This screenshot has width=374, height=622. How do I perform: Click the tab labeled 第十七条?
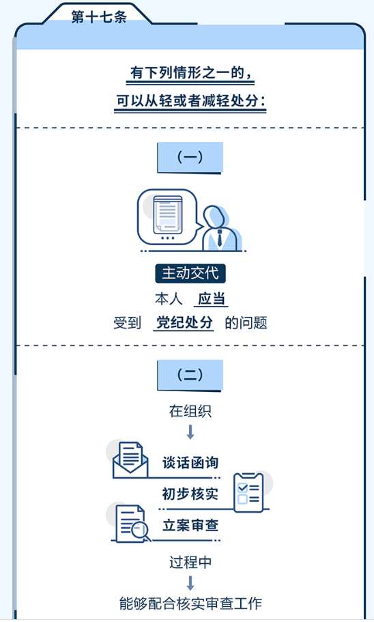pyautogui.click(x=98, y=16)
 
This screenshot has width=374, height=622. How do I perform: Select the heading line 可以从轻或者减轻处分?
pyautogui.click(x=190, y=101)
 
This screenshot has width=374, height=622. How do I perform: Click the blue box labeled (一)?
pyautogui.click(x=190, y=158)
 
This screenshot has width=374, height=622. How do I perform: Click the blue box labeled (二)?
pyautogui.click(x=190, y=376)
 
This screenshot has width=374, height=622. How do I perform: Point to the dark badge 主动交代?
pyautogui.click(x=190, y=274)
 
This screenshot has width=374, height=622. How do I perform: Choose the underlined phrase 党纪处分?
pyautogui.click(x=184, y=322)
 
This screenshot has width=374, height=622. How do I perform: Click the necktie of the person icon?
pyautogui.click(x=220, y=238)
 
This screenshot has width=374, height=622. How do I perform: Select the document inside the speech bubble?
pyautogui.click(x=168, y=214)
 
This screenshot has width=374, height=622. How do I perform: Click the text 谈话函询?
pyautogui.click(x=190, y=463)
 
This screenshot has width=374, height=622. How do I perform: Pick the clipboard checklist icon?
pyautogui.click(x=248, y=492)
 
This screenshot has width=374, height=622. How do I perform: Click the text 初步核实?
pyautogui.click(x=190, y=494)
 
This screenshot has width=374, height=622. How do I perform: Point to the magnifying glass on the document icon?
pyautogui.click(x=141, y=531)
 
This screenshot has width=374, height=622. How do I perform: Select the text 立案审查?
pyautogui.click(x=190, y=525)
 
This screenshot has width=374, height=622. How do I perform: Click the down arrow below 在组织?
pyautogui.click(x=190, y=432)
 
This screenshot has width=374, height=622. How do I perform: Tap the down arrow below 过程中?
pyautogui.click(x=190, y=583)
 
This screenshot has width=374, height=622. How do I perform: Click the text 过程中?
pyautogui.click(x=190, y=562)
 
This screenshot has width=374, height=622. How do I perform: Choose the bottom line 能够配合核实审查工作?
pyautogui.click(x=190, y=604)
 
